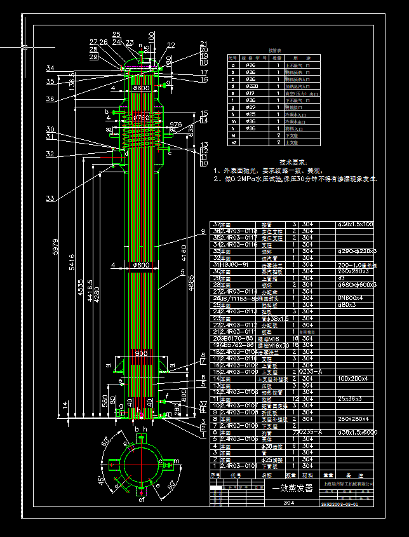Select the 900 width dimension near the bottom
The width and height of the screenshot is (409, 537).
[x=141, y=353]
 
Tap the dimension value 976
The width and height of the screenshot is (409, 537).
[x=176, y=125]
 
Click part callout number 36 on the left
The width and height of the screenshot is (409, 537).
[x=50, y=99]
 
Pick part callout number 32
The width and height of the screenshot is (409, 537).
[x=50, y=154]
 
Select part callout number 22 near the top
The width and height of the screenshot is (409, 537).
[x=171, y=46]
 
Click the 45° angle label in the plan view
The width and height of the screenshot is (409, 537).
[x=100, y=479]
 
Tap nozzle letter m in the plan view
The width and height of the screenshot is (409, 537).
[x=177, y=461]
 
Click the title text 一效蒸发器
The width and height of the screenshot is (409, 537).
[x=293, y=488]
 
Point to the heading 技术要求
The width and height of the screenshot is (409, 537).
[x=293, y=163]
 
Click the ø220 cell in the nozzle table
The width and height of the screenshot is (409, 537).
[x=251, y=85]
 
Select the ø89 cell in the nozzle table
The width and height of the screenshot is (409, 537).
[x=251, y=107]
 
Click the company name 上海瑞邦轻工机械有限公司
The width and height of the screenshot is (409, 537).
[x=348, y=484]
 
